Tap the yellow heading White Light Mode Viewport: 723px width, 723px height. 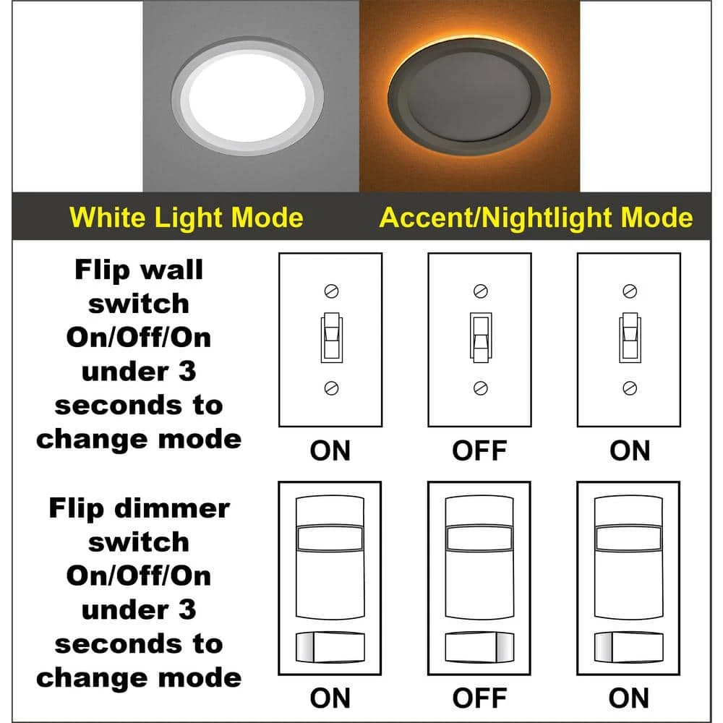click(x=187, y=218)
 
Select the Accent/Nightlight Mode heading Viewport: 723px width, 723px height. click(x=536, y=218)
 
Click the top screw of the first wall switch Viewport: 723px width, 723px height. click(x=331, y=291)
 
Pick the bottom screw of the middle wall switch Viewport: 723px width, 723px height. click(x=480, y=388)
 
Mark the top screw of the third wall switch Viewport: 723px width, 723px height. click(x=630, y=291)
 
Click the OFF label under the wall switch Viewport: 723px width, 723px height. click(x=480, y=450)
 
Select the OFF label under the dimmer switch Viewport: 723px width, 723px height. click(x=480, y=698)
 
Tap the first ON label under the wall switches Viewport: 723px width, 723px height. click(x=330, y=450)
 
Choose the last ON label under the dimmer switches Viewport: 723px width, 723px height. click(x=629, y=698)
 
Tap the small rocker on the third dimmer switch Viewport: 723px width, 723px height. click(x=628, y=646)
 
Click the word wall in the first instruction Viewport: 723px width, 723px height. click(x=173, y=270)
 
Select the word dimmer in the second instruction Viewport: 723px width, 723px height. click(x=171, y=508)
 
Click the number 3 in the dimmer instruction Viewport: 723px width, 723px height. click(x=188, y=609)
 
